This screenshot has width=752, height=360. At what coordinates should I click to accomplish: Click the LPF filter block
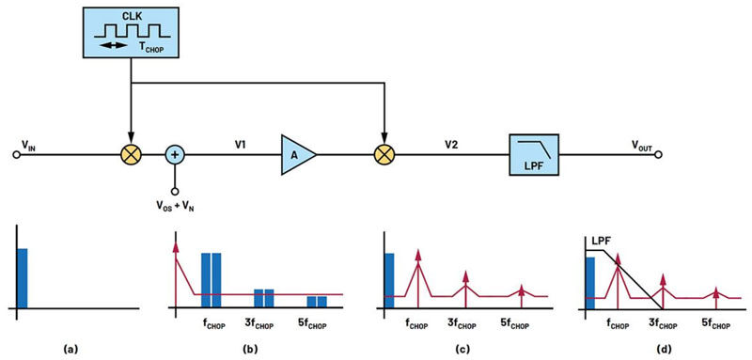pos(534,154)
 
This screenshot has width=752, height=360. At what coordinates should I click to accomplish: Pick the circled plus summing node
pos(175,155)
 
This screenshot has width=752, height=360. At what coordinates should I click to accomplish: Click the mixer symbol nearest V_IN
pos(130,155)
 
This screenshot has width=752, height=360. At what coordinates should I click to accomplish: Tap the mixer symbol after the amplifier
pos(384,155)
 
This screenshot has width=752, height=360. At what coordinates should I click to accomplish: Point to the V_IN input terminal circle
pos(16,155)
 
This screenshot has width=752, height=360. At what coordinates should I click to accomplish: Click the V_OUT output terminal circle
pos(660,155)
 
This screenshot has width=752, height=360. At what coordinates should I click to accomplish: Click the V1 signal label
pos(241,144)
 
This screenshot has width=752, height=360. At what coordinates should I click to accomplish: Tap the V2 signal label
pos(450,144)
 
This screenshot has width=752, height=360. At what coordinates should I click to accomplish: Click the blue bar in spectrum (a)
pos(22,278)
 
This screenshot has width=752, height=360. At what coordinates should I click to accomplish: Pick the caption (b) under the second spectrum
pos(249,350)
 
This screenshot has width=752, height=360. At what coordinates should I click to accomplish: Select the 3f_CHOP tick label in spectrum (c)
pos(462,325)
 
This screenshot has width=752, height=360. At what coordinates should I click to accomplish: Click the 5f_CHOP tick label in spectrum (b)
pos(313,325)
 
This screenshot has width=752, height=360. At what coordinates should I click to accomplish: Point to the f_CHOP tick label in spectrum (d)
pos(619,325)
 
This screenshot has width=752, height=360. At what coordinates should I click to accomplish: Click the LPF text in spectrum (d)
pos(595,243)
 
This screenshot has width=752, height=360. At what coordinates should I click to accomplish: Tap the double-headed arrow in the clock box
pos(114,45)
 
